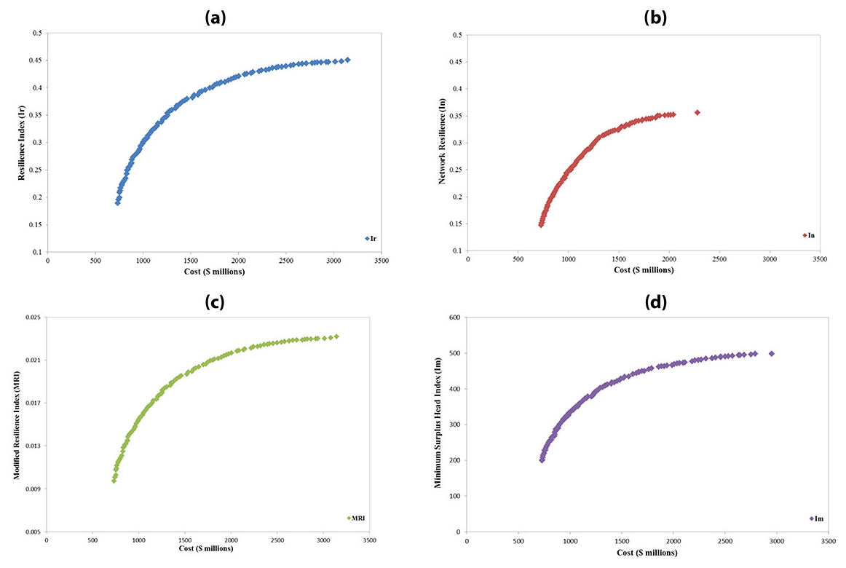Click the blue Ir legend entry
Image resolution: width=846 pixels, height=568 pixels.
pos(372,238)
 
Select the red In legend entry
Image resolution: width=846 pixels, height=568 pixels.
pos(808,235)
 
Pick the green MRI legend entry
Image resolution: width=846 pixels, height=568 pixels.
pos(355,518)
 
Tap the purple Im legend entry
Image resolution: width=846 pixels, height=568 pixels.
pos(815,518)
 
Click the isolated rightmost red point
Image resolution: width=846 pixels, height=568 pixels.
pos(697,112)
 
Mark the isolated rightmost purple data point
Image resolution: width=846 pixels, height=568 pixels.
pos(771,353)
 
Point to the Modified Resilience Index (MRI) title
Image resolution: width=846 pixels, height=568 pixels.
pos(17,425)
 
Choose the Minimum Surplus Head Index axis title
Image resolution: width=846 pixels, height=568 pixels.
pos(439,425)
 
